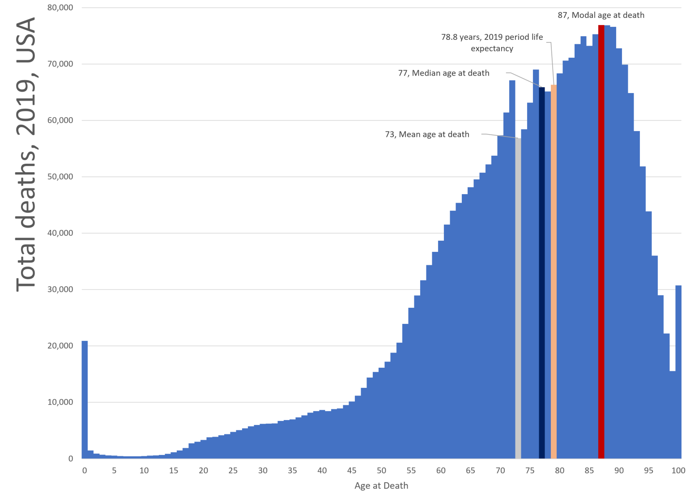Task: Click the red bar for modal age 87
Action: tap(601, 242)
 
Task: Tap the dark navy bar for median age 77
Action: tap(541, 273)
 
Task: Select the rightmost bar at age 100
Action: tap(678, 372)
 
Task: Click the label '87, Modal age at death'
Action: tap(601, 15)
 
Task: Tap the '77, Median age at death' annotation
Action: tap(443, 73)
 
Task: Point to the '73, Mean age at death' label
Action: tap(427, 134)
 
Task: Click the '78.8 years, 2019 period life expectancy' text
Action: tap(492, 42)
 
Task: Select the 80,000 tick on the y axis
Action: tap(60, 8)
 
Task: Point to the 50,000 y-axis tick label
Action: tap(60, 177)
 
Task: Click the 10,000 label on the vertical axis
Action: tap(60, 402)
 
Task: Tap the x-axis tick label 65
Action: tap(470, 471)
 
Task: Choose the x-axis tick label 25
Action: tap(233, 471)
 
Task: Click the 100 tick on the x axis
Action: tap(678, 471)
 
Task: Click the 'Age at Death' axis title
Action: tap(381, 486)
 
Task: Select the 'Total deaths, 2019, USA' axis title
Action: tap(26, 154)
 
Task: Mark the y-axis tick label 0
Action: tap(70, 459)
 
